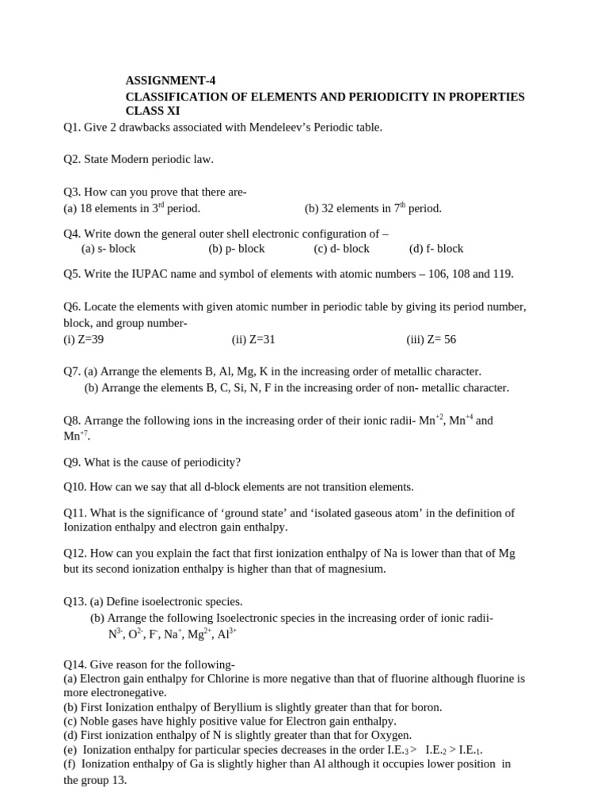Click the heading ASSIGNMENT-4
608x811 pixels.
[170, 81]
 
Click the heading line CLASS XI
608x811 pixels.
[153, 111]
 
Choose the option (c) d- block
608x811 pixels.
[341, 249]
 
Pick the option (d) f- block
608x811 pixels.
[436, 249]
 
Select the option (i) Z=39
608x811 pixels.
[83, 340]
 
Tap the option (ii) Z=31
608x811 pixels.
[253, 340]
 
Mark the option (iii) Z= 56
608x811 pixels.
[431, 340]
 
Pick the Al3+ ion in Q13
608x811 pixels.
[227, 634]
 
